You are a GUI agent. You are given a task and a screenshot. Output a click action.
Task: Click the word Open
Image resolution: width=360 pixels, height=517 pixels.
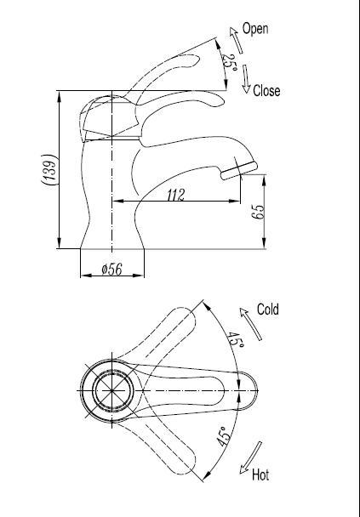[x=255, y=28]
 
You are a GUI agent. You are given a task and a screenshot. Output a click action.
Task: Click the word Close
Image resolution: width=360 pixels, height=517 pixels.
[x=266, y=90]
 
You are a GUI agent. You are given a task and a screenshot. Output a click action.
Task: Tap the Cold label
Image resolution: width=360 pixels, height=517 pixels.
[x=268, y=310]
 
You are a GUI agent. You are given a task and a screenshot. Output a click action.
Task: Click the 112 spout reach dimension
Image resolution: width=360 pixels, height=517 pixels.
[x=175, y=195]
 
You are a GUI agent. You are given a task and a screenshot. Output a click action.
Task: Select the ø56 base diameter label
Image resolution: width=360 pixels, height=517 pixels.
[x=112, y=270]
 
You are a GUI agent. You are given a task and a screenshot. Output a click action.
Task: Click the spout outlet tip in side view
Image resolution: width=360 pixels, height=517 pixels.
[x=227, y=173]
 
